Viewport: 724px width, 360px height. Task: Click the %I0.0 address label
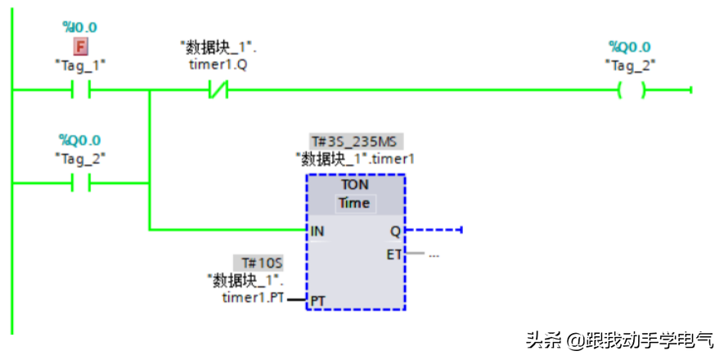[79, 27]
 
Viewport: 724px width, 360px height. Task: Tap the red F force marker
[81, 46]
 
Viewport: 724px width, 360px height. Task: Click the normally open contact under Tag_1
[80, 89]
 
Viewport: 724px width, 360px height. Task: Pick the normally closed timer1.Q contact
[218, 89]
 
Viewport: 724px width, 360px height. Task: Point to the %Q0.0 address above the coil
[629, 47]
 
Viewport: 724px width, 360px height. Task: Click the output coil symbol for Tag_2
[630, 89]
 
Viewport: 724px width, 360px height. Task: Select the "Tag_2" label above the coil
[630, 65]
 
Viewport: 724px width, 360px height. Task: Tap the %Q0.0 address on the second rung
[79, 140]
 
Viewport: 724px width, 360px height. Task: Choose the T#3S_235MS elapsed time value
[355, 141]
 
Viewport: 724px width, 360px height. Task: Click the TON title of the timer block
[355, 185]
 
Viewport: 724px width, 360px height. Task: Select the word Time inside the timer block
[355, 202]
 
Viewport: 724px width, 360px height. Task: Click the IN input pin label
[317, 231]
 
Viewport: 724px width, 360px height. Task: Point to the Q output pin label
[396, 231]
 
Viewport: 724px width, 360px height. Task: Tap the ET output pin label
[394, 254]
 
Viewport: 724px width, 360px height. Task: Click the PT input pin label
[317, 301]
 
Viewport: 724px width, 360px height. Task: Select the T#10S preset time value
[261, 263]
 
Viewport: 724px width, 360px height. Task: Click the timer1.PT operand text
[253, 298]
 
